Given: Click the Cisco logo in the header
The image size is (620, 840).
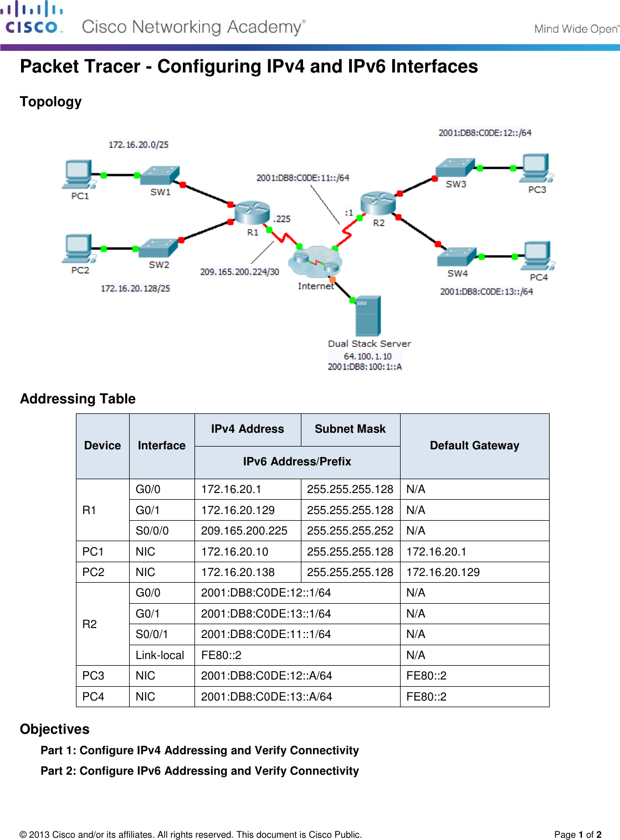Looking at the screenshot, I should [x=32, y=18].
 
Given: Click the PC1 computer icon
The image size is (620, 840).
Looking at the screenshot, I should [x=78, y=175].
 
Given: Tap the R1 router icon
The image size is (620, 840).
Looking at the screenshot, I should [x=252, y=213].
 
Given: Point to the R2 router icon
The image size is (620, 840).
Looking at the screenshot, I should [x=378, y=203].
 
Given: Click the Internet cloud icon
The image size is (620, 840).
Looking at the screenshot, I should [x=315, y=262].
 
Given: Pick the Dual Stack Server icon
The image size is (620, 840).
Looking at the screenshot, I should [x=368, y=316].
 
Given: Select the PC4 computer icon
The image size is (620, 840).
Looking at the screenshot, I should [x=537, y=256].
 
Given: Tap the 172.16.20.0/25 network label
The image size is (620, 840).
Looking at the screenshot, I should [x=139, y=144].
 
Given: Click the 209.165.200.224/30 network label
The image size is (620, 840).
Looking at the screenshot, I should [x=239, y=272].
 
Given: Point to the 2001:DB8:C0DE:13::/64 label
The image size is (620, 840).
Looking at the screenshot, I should [x=486, y=292].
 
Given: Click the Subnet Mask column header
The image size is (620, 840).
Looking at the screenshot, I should [x=350, y=429].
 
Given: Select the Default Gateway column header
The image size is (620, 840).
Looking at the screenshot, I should [x=474, y=445].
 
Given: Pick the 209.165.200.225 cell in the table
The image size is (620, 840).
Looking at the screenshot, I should [x=244, y=531].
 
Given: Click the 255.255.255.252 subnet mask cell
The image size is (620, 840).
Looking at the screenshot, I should [x=350, y=531].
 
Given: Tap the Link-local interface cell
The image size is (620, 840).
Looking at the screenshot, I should [x=160, y=655].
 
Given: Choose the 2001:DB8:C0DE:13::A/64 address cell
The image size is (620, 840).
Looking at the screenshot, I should [x=267, y=697].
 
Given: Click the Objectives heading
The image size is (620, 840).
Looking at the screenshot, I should [x=55, y=729].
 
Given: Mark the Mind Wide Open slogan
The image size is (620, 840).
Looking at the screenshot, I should [x=576, y=29].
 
